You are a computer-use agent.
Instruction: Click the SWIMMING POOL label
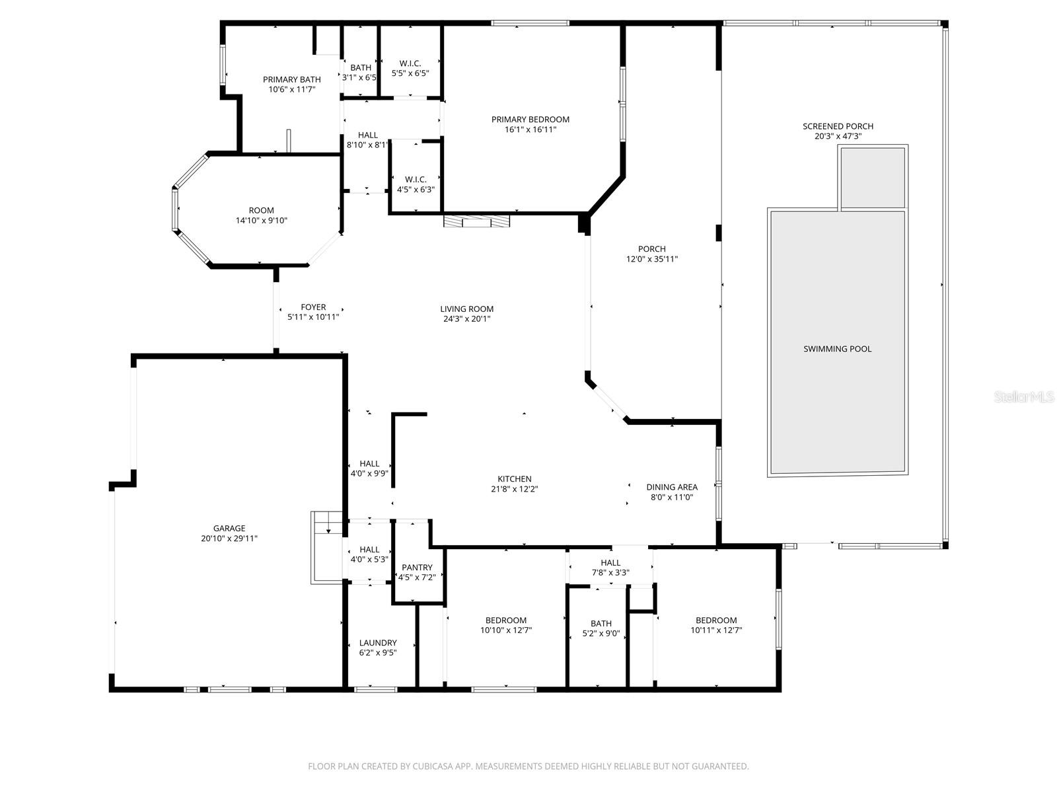tap(837, 349)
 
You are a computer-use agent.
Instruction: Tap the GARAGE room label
tap(229, 528)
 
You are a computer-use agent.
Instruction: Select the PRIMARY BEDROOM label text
tap(530, 119)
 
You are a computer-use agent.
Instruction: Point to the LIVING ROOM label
tap(466, 309)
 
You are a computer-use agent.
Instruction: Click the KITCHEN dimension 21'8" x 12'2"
tap(514, 489)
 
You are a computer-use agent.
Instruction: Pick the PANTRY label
tap(417, 567)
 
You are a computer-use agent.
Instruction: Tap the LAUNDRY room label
tap(378, 642)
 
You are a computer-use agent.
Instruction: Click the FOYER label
tap(313, 307)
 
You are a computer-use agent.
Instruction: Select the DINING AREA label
tap(672, 487)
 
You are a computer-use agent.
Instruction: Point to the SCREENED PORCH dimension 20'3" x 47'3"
tap(838, 136)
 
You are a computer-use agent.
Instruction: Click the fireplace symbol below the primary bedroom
tap(476, 221)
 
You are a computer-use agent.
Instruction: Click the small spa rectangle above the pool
tap(873, 176)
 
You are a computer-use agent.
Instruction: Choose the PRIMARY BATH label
tap(292, 79)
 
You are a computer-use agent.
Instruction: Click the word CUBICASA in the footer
tap(433, 766)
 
